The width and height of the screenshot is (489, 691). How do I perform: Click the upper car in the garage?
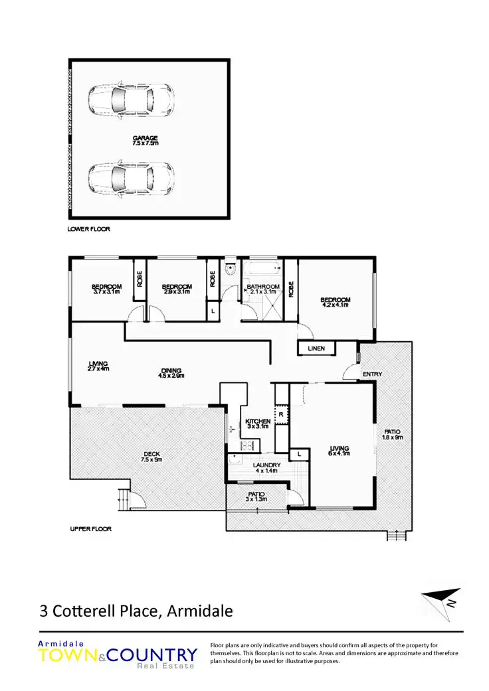pos(131,100)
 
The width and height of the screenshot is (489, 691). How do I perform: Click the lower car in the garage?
pos(131,178)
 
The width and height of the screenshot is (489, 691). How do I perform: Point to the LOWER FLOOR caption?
pos(88,229)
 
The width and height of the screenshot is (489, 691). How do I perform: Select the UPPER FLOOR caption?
pos(90,529)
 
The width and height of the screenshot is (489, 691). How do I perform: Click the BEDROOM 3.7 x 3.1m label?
pos(106,289)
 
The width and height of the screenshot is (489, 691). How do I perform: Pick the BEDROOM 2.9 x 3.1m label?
pos(177,289)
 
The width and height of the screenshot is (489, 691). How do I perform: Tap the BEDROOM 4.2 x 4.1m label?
pos(336,302)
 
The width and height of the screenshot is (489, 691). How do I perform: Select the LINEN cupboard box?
pos(316,348)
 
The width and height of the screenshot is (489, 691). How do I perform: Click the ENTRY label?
pos(372,374)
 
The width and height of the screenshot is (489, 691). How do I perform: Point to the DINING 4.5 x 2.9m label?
pos(171,373)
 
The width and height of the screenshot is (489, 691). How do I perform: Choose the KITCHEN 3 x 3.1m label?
pos(257,424)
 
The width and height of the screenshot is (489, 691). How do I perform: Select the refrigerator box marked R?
pos(282,414)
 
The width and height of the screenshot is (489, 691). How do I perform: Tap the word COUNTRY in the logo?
pos(152,655)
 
